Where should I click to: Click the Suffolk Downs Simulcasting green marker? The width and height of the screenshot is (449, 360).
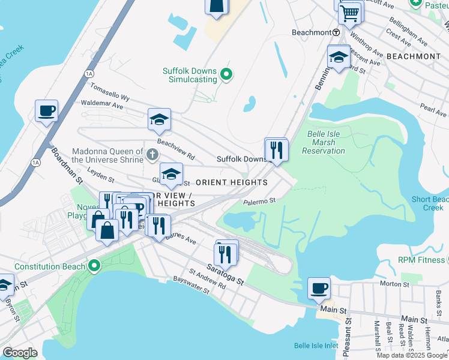226,75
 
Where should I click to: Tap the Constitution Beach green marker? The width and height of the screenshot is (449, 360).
94,265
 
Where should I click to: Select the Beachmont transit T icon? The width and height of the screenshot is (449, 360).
337,32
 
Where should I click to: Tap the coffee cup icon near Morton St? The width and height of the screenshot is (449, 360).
319,288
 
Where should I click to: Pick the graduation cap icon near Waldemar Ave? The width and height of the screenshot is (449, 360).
160,119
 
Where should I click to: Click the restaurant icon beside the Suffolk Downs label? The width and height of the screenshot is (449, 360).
276,149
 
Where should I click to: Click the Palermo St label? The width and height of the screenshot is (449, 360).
259,202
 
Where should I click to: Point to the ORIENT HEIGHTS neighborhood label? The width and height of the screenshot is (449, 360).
232,182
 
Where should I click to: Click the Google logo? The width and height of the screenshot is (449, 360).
20,352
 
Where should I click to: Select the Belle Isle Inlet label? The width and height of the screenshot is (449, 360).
316,346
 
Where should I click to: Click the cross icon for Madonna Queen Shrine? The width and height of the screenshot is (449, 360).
152,156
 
